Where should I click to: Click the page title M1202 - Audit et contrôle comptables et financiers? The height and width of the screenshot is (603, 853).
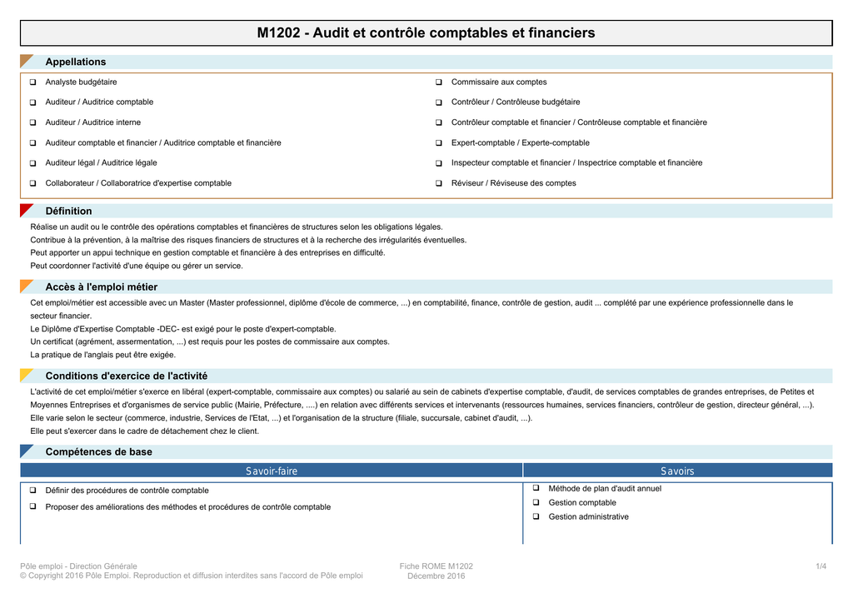pyautogui.click(x=426, y=33)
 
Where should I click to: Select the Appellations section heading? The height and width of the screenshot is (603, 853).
pyautogui.click(x=76, y=62)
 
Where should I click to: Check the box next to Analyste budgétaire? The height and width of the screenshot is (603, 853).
pyautogui.click(x=32, y=82)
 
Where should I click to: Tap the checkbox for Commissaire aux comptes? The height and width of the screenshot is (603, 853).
pyautogui.click(x=438, y=82)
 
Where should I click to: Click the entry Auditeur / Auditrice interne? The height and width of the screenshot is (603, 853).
pyautogui.click(x=92, y=122)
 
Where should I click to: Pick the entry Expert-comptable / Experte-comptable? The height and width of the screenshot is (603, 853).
pyautogui.click(x=520, y=142)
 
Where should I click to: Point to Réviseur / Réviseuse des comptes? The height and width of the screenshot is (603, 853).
pyautogui.click(x=513, y=183)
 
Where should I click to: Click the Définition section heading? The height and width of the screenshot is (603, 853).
pyautogui.click(x=68, y=211)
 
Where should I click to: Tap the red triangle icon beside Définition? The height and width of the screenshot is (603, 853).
pyautogui.click(x=26, y=210)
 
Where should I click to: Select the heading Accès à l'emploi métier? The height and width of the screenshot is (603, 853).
pyautogui.click(x=101, y=287)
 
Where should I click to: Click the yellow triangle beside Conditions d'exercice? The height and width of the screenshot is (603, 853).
pyautogui.click(x=26, y=375)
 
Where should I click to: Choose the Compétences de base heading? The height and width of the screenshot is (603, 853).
pyautogui.click(x=98, y=451)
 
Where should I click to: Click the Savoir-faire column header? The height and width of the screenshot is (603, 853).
pyautogui.click(x=271, y=471)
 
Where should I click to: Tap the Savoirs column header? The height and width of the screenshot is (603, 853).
pyautogui.click(x=677, y=471)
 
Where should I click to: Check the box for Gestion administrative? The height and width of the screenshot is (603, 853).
pyautogui.click(x=536, y=517)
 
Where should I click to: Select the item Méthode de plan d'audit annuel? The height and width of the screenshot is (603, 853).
pyautogui.click(x=605, y=489)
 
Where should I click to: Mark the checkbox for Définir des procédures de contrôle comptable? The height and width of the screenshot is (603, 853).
pyautogui.click(x=32, y=491)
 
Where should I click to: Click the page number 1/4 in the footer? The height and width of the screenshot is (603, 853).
pyautogui.click(x=821, y=567)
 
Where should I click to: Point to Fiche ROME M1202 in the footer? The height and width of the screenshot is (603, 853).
pyautogui.click(x=436, y=567)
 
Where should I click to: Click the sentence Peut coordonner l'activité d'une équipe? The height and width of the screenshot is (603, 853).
pyautogui.click(x=137, y=266)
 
